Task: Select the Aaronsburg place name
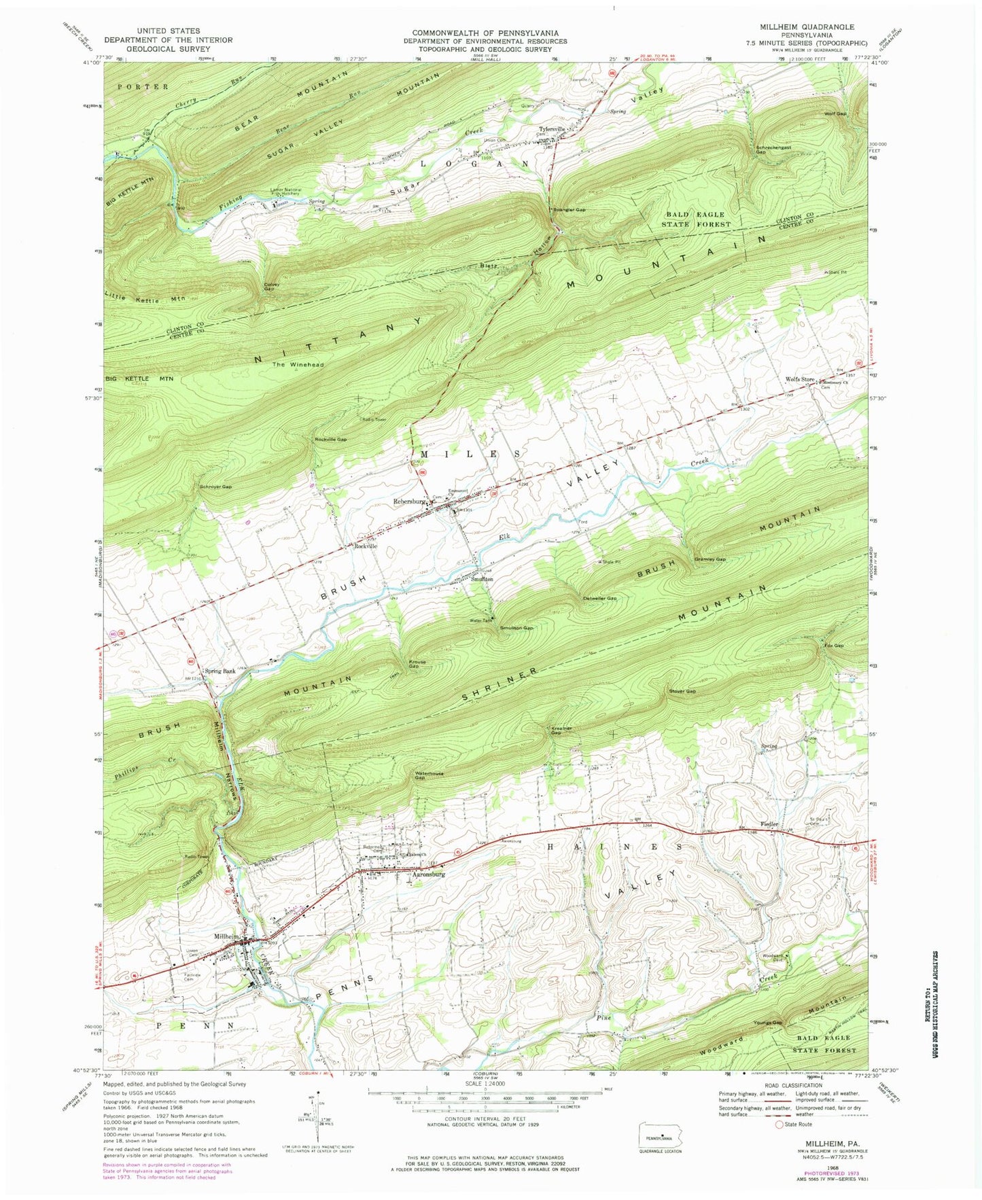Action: (428, 875)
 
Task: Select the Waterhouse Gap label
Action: (427, 776)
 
